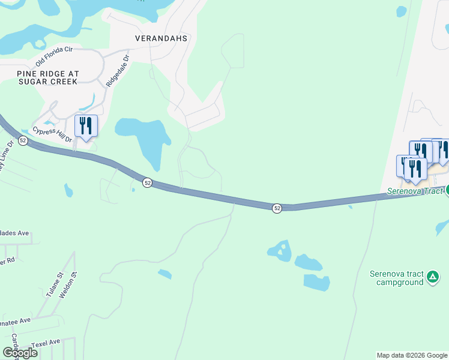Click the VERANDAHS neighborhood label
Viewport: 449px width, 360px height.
(x=161, y=38)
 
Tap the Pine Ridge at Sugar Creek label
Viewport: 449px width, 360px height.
(x=48, y=77)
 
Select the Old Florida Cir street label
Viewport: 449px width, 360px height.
(x=54, y=56)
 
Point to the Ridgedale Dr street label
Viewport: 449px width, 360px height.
(x=118, y=71)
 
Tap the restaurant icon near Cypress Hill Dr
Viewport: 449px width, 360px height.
(x=86, y=126)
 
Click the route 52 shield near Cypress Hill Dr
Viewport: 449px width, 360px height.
(x=23, y=140)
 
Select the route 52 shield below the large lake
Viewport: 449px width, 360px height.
(x=147, y=182)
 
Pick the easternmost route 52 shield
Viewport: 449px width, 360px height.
(x=277, y=208)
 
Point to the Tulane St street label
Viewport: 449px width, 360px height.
(x=55, y=286)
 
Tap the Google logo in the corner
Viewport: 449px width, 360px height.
(x=20, y=352)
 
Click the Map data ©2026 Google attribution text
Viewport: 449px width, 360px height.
(x=412, y=355)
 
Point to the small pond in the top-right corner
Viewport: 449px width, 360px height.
(x=401, y=11)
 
